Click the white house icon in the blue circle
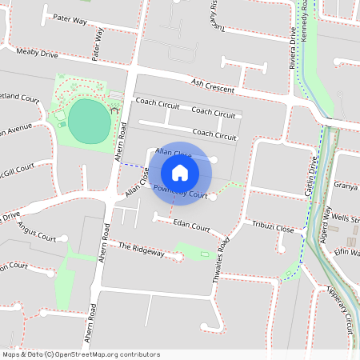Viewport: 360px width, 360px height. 180,173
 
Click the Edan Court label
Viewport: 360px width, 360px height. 191,228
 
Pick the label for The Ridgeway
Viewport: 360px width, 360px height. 141,250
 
